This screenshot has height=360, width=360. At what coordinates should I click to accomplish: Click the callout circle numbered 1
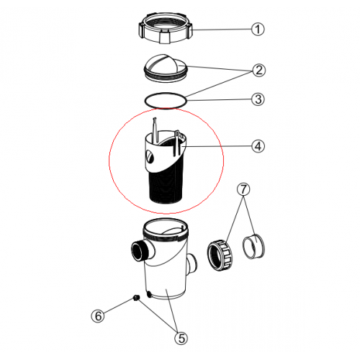pyautogui.click(x=258, y=30)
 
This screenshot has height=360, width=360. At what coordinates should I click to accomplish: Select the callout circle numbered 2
pyautogui.click(x=258, y=70)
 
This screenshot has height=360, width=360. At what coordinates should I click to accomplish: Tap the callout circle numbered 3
pyautogui.click(x=258, y=99)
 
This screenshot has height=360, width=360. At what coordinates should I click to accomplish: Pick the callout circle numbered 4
pyautogui.click(x=258, y=146)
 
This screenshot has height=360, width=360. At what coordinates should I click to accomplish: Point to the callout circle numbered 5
pyautogui.click(x=181, y=338)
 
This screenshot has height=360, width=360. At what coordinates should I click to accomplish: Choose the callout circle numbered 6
pyautogui.click(x=98, y=315)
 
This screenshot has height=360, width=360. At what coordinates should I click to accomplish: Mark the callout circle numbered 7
pyautogui.click(x=243, y=189)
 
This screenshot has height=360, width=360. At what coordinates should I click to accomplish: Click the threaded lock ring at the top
pyautogui.click(x=166, y=28)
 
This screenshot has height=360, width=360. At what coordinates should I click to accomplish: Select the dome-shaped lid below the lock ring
pyautogui.click(x=166, y=68)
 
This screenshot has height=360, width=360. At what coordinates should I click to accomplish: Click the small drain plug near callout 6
pyautogui.click(x=136, y=298)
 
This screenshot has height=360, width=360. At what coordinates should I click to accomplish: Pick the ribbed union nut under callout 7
pyautogui.click(x=220, y=255)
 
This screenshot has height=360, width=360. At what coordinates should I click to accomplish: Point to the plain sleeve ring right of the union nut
pyautogui.click(x=254, y=246)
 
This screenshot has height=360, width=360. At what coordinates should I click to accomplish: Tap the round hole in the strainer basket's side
pyautogui.click(x=149, y=156)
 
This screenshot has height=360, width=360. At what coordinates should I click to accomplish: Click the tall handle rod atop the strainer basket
pyautogui.click(x=155, y=130)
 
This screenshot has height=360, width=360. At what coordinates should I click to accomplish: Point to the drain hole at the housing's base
pyautogui.click(x=149, y=294)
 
